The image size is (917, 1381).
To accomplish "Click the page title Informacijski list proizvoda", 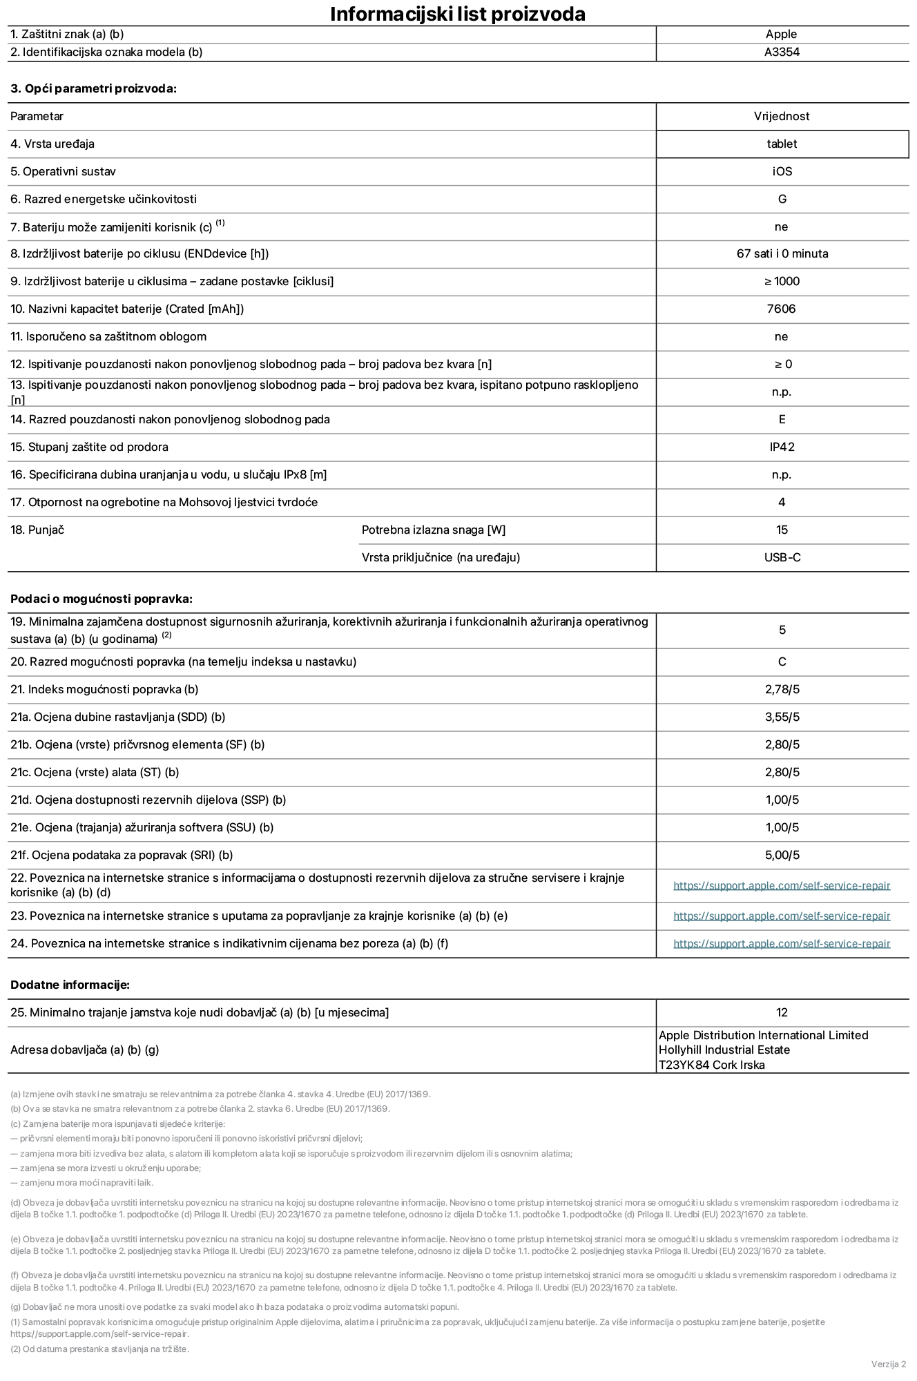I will (x=457, y=14).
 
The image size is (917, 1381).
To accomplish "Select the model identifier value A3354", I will (x=782, y=52).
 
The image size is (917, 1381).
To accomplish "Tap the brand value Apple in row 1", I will (x=781, y=34).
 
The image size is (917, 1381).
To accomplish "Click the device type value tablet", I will (x=782, y=144).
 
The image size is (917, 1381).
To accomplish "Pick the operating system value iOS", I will (x=782, y=171).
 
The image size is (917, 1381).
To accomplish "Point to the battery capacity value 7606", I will (x=781, y=309).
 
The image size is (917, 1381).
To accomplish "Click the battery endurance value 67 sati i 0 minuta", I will (x=782, y=253).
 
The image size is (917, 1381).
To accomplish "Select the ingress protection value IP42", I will (x=782, y=447).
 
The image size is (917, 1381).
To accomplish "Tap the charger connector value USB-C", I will (x=782, y=557).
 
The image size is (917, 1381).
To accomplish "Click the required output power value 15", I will (x=782, y=530).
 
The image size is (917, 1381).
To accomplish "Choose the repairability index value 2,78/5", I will (x=782, y=689).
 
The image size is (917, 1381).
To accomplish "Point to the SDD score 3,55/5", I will (x=782, y=717).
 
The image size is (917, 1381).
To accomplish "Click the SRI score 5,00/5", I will (x=782, y=855).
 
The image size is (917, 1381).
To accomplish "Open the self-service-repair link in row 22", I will (x=782, y=885).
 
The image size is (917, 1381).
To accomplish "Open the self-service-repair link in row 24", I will (x=782, y=943).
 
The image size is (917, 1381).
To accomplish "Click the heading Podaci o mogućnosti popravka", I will (x=102, y=599).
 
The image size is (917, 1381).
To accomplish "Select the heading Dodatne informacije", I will (x=70, y=985).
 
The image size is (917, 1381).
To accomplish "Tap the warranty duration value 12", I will (x=782, y=1012).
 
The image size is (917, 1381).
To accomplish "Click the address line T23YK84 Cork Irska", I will (x=711, y=1065).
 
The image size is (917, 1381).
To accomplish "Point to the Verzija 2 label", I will (x=888, y=1364).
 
